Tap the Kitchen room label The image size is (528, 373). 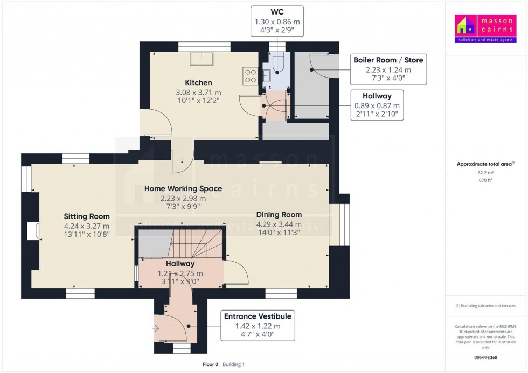(198, 83)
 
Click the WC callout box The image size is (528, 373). (277, 21)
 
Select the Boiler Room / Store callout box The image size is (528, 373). (388, 69)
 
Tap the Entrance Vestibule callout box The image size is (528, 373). (258, 326)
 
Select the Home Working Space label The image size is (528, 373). (183, 188)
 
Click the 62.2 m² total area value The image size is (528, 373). (485, 173)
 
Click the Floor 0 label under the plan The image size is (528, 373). (210, 364)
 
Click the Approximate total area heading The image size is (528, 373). (485, 164)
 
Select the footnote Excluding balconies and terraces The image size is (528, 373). (485, 306)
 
